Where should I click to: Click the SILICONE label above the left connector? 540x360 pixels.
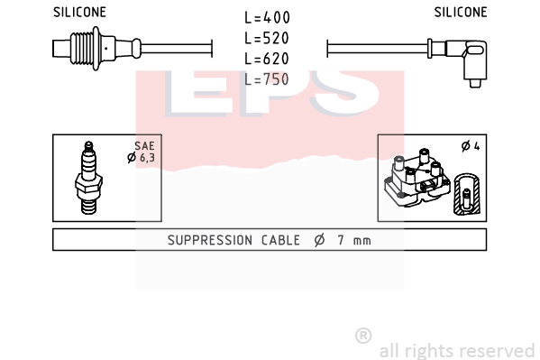click(x=79, y=12)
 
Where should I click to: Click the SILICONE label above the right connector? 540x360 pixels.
click(x=461, y=12)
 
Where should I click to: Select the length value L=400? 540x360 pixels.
click(x=267, y=17)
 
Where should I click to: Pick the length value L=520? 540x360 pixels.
click(x=267, y=38)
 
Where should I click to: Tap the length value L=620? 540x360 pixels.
click(x=267, y=59)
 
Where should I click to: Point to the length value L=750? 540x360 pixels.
click(x=267, y=79)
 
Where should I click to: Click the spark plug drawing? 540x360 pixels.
click(x=88, y=178)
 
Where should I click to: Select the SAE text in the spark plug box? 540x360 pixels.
click(x=144, y=146)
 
